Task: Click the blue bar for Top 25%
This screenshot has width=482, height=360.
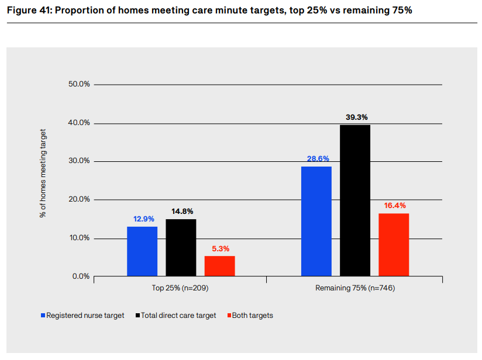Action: coord(142,251)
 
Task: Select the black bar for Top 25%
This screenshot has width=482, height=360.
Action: coord(181,247)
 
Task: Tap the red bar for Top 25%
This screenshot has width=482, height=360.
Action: coord(219,266)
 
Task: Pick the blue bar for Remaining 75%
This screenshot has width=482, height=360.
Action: coord(316,221)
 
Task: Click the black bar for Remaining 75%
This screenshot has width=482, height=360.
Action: coord(355,200)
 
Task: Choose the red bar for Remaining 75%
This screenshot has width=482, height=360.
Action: coord(394,244)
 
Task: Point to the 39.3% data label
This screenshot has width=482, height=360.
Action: coord(355,117)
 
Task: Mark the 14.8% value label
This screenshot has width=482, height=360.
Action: coord(181,211)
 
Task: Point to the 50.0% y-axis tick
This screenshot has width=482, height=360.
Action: coord(79,84)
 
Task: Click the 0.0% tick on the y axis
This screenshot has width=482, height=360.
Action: coord(81,276)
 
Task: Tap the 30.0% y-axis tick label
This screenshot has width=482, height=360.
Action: coord(79,161)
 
